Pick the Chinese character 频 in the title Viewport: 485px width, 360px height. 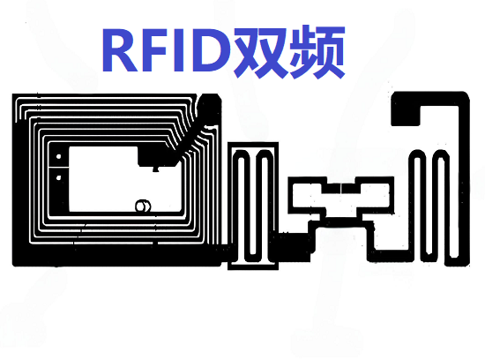point(317,51)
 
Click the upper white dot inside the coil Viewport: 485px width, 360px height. point(59,157)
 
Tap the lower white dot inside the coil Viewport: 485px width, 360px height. point(58,177)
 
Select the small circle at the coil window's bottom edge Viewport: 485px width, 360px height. point(143,206)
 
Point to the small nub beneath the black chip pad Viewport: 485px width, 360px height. point(156,169)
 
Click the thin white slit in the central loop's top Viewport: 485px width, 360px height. point(341,188)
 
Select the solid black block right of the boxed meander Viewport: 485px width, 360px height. point(294,247)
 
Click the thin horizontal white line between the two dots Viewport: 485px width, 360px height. point(59,168)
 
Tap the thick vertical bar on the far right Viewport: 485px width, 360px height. point(464,179)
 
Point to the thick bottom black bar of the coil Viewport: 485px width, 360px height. point(117,255)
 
